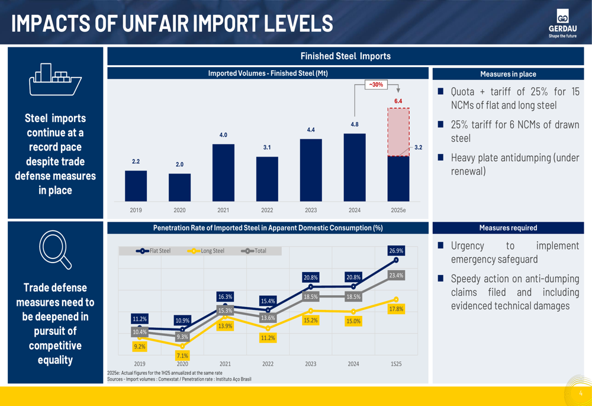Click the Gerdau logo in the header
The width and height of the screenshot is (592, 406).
(562, 23)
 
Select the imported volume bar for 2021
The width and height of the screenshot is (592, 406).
(223, 172)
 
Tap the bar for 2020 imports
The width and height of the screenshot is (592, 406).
(179, 187)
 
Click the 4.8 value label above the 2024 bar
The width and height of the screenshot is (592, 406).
(354, 125)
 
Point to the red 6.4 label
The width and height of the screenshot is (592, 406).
(398, 101)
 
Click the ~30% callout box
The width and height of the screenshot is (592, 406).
(376, 85)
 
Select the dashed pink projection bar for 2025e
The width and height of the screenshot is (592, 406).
(398, 132)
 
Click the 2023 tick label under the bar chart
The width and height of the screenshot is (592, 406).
(311, 210)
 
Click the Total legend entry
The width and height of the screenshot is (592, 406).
(255, 251)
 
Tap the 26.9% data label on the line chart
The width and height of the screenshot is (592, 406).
(396, 251)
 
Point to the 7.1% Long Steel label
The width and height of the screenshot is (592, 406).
(182, 356)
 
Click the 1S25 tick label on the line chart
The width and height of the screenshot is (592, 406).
(396, 364)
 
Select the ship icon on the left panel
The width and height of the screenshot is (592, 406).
(55, 80)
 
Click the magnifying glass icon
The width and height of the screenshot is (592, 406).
(55, 250)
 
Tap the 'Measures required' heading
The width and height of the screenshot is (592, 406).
(508, 228)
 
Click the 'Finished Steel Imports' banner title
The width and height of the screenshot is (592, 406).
(345, 56)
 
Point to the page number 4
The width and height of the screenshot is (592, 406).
(581, 394)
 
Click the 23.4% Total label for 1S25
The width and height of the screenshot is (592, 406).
(396, 276)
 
